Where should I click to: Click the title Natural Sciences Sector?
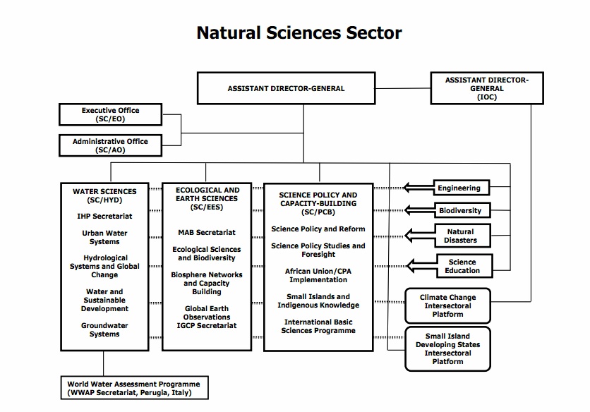(x=299, y=33)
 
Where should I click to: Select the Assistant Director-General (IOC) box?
(x=486, y=89)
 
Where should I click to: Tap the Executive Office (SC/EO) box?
(x=110, y=115)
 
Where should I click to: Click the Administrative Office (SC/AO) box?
(x=110, y=145)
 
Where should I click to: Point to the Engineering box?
(x=459, y=188)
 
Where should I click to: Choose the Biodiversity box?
(x=460, y=210)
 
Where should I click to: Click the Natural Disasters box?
(x=460, y=236)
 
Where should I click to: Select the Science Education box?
(x=462, y=267)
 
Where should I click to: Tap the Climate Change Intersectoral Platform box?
(x=447, y=305)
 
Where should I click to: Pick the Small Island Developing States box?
(x=447, y=349)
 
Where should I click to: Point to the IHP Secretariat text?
(x=104, y=216)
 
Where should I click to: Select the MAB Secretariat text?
(x=207, y=232)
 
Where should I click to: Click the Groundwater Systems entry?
(x=104, y=330)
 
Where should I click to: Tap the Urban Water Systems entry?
(x=104, y=237)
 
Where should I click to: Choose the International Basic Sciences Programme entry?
(x=318, y=327)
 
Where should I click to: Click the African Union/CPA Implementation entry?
(x=318, y=275)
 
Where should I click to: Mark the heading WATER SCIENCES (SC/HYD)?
(x=104, y=195)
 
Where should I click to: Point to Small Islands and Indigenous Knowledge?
(x=318, y=301)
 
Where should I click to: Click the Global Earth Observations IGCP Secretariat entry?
(x=207, y=317)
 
